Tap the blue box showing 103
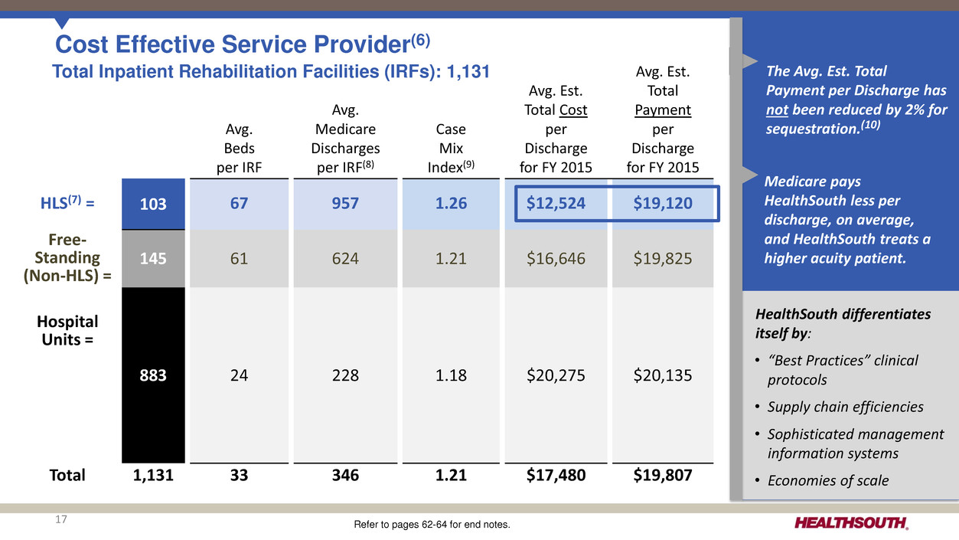point(153,202)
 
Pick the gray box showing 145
point(153,259)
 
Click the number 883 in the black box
point(153,375)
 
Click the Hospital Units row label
point(70,329)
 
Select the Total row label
point(67,475)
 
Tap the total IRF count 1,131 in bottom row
point(153,475)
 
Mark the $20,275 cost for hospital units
point(556,375)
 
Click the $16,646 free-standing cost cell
point(556,259)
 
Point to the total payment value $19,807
point(663,475)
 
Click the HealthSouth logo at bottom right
point(852,523)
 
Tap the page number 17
point(61,521)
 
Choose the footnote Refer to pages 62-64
point(432,525)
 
